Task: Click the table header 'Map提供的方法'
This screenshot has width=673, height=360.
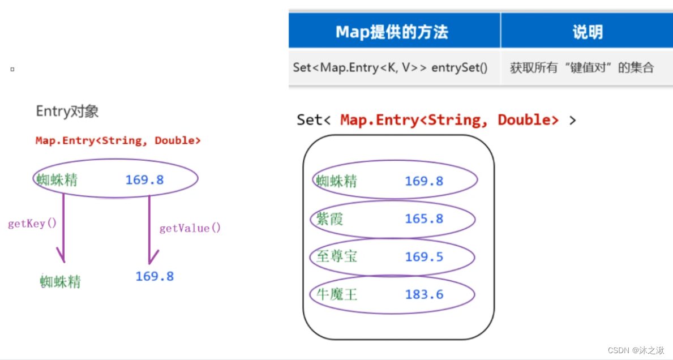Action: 392,32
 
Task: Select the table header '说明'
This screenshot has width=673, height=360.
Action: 587,32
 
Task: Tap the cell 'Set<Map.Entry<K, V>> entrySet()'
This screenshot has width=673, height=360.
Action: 390,67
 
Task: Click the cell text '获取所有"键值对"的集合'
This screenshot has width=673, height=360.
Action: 582,68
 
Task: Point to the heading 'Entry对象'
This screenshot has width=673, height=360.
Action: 67,112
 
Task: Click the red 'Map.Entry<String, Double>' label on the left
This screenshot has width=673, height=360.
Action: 118,140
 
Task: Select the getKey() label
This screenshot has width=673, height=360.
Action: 32,223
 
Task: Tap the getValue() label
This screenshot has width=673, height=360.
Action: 190,228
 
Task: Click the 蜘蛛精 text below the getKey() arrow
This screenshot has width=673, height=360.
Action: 61,281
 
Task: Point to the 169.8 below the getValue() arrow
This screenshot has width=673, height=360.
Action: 155,276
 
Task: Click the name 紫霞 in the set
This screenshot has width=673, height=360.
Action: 329,219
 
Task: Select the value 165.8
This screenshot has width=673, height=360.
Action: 424,219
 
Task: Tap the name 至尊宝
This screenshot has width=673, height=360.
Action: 337,256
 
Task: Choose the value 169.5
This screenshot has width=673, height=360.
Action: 424,256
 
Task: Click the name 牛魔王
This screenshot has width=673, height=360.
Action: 337,294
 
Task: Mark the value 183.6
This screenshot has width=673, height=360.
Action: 424,294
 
